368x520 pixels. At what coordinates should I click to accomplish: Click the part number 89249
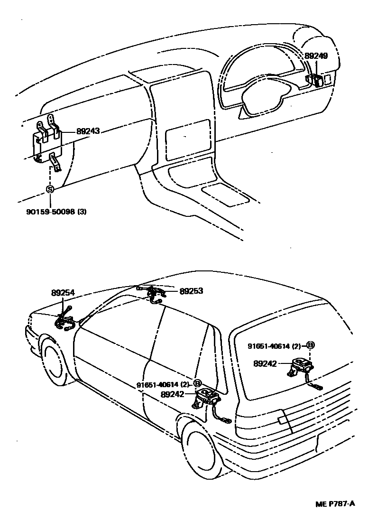(x=316, y=56)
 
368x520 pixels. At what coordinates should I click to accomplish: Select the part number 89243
(x=88, y=132)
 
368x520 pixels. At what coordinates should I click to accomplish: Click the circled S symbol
(x=50, y=189)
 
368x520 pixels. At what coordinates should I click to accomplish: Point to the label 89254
(x=63, y=294)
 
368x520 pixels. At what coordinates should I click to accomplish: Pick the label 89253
(x=191, y=291)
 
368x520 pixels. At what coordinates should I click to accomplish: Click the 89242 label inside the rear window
(x=266, y=364)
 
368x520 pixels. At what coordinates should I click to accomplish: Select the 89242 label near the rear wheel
(x=173, y=394)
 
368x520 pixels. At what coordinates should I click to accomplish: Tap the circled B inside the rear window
(x=311, y=345)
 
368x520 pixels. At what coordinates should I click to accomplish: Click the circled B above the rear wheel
(x=198, y=383)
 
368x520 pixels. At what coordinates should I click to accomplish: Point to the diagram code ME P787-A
(x=335, y=503)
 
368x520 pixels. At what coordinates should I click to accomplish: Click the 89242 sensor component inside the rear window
(x=301, y=366)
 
